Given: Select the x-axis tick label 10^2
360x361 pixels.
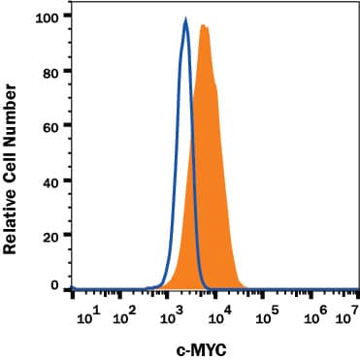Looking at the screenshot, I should [127, 314].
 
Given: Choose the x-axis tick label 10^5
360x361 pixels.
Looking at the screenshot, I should [268, 314].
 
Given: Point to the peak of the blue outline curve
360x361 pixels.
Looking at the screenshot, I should [186, 19].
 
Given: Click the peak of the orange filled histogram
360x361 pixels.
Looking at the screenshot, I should [203, 25].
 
